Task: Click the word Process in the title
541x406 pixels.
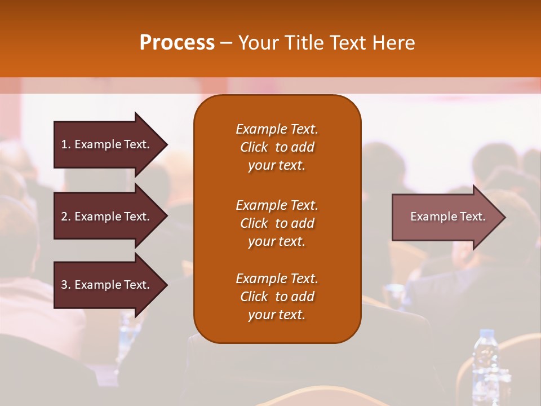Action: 177,43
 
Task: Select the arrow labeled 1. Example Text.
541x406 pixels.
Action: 107,144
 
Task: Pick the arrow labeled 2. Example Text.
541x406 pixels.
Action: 107,217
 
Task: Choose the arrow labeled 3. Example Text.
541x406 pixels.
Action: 107,285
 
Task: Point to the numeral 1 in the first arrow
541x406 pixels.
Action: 64,144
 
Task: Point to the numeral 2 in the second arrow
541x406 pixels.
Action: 64,217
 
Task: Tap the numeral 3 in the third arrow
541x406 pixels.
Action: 64,285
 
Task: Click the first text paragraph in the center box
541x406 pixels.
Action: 277,147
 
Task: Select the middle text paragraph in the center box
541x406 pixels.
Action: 277,223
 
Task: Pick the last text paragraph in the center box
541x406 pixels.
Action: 277,297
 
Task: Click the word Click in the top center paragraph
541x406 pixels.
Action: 254,147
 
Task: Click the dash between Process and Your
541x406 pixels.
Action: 227,43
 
